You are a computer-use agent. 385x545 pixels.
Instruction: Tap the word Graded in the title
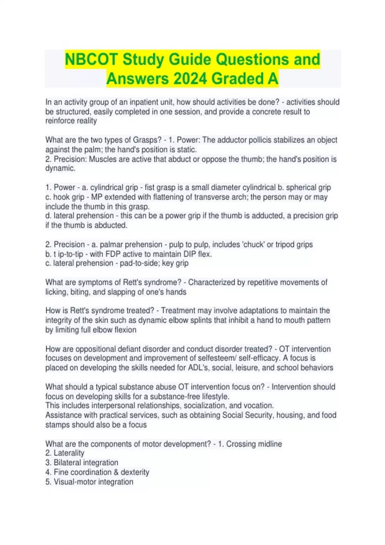(x=236, y=79)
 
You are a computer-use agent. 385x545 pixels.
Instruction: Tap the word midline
(x=269, y=444)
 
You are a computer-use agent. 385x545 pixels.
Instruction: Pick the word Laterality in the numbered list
(x=69, y=453)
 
